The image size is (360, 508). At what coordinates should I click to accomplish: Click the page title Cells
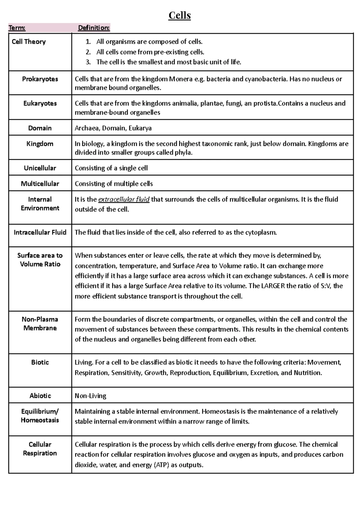click(x=179, y=15)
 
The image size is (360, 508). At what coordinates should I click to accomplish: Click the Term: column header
click(x=17, y=28)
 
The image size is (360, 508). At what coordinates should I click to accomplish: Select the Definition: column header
click(x=94, y=28)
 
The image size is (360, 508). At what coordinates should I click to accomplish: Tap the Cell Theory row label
click(x=28, y=42)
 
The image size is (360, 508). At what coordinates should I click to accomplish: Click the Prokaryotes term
click(x=40, y=79)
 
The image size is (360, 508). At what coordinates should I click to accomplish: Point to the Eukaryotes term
click(x=40, y=103)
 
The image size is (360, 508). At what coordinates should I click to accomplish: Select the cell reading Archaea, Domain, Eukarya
click(x=113, y=128)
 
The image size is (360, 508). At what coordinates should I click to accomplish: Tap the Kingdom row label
click(x=40, y=144)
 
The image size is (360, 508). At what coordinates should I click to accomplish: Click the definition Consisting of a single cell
click(x=111, y=168)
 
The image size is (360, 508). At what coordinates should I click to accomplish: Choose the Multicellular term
click(x=40, y=184)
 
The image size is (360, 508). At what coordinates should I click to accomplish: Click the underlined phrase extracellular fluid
click(x=124, y=199)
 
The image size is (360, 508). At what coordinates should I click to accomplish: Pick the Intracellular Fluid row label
click(x=40, y=232)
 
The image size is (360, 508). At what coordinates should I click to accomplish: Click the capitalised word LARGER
click(x=273, y=286)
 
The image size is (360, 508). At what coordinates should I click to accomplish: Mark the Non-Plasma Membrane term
click(x=40, y=324)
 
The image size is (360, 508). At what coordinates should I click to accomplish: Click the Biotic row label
click(x=40, y=362)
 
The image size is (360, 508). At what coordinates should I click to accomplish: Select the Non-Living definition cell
click(x=90, y=396)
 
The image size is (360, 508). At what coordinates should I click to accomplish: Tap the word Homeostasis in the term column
click(x=40, y=420)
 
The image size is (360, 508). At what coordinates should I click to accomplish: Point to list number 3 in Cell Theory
click(x=88, y=62)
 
